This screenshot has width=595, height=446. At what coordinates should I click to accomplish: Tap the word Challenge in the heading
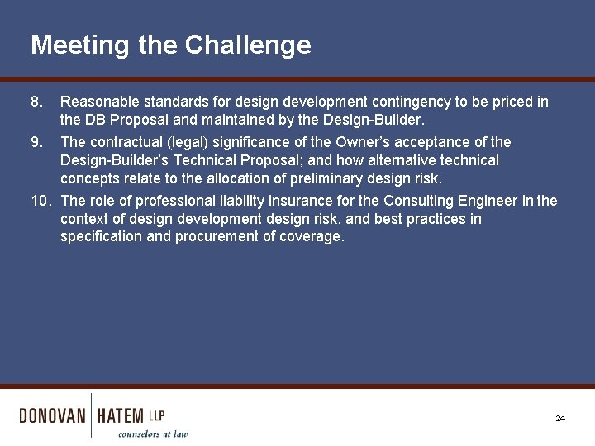[248, 45]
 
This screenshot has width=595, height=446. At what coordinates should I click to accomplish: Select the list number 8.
[36, 102]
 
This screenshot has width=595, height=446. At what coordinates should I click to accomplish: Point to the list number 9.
[36, 142]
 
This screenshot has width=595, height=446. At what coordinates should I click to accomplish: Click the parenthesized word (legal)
[188, 142]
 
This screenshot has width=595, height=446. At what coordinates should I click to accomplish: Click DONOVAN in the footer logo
[52, 415]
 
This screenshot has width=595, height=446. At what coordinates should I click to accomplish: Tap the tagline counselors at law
[153, 434]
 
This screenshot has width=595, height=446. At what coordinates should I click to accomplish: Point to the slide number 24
[560, 419]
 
